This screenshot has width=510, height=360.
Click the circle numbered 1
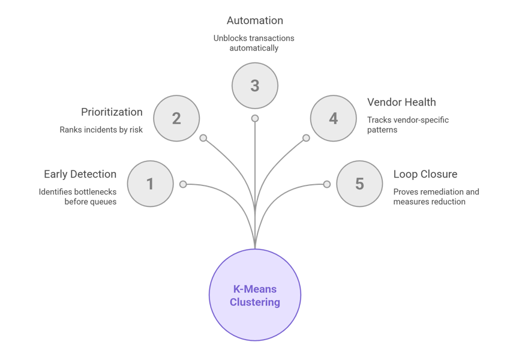(x=150, y=184)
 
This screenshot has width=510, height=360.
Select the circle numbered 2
(x=176, y=118)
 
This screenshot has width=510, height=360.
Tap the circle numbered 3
(x=255, y=85)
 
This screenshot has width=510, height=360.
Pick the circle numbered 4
(x=333, y=118)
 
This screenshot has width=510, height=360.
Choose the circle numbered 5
(x=359, y=184)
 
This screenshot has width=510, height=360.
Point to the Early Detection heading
(x=80, y=175)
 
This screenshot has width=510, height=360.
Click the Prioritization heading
(x=112, y=112)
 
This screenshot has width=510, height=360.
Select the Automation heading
(x=255, y=20)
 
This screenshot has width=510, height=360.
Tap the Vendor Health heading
(x=401, y=103)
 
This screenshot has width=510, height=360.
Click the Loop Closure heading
(x=425, y=175)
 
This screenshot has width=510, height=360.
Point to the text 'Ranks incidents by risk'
(x=101, y=130)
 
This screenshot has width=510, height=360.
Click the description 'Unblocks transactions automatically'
(x=255, y=43)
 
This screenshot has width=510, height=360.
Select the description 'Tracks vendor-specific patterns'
(x=408, y=125)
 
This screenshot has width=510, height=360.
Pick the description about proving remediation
(x=436, y=197)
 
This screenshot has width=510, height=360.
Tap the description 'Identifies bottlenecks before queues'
(x=77, y=197)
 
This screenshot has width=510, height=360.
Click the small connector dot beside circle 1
(x=183, y=184)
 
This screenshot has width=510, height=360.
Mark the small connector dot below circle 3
(x=255, y=118)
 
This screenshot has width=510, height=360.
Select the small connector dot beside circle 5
(x=327, y=184)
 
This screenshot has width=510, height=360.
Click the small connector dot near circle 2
(x=203, y=138)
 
